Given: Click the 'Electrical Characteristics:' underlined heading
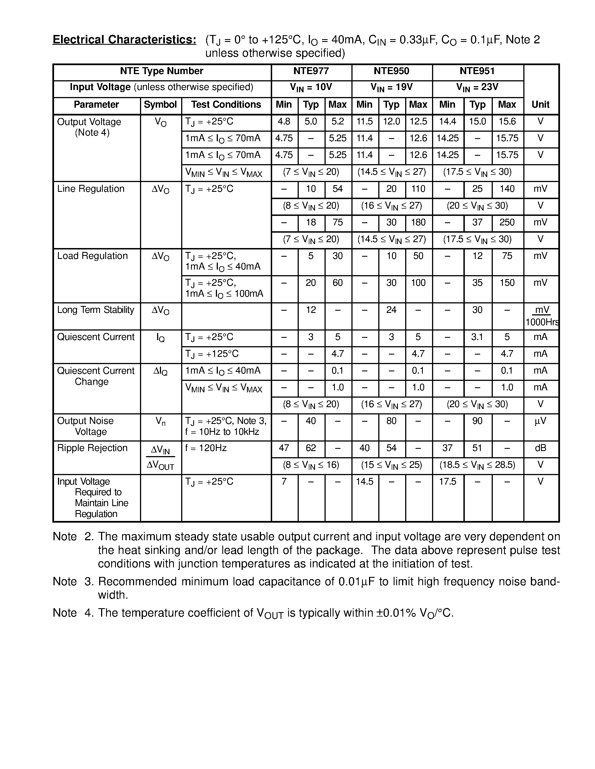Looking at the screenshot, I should click(124, 40).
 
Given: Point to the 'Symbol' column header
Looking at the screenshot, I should click(160, 105).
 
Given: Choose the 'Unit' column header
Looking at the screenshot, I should click(540, 105).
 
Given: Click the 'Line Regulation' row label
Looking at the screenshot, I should click(91, 189).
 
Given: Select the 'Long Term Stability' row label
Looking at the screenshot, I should click(95, 310).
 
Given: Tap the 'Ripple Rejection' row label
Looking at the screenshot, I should click(92, 448).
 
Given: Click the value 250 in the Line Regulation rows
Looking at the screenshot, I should click(507, 223).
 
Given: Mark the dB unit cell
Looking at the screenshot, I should click(540, 448).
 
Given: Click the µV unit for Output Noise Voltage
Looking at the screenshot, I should click(540, 421).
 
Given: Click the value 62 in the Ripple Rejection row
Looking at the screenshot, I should click(311, 448).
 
